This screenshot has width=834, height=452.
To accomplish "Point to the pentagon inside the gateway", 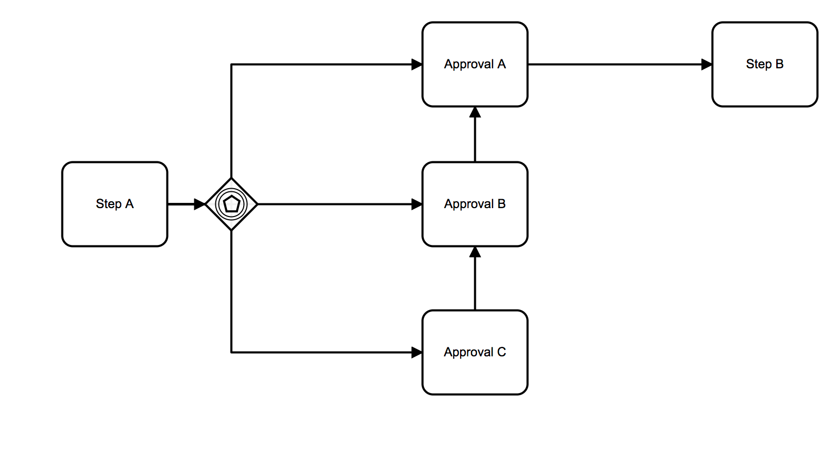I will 231,204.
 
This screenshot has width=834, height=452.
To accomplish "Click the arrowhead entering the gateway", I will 200,204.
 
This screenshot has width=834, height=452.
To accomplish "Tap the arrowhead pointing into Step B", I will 707,65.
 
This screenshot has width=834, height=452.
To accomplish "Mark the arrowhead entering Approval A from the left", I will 417,65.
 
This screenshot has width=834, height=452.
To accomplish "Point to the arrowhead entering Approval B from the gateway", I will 417,204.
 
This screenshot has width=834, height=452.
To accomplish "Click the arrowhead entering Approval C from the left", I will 417,352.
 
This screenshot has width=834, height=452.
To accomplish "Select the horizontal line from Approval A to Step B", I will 614,65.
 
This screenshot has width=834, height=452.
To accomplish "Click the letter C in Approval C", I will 502,352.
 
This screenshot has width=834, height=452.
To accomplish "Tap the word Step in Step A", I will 108,204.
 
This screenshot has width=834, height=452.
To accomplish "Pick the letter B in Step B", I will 779,64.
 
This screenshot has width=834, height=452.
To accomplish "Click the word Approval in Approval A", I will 468,65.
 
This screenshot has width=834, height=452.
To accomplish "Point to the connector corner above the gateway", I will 232,65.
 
